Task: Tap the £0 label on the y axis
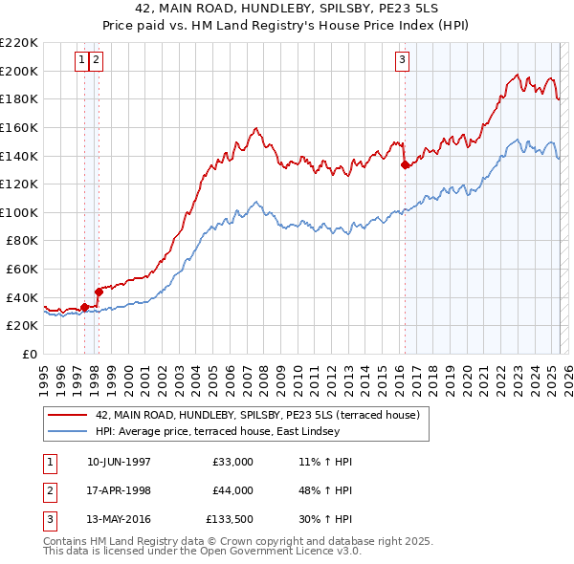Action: (x=28, y=355)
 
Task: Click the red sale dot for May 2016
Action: (x=405, y=164)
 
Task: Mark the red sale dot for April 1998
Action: (x=99, y=292)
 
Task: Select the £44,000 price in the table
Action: (x=233, y=490)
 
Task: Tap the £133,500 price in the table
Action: (x=231, y=520)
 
